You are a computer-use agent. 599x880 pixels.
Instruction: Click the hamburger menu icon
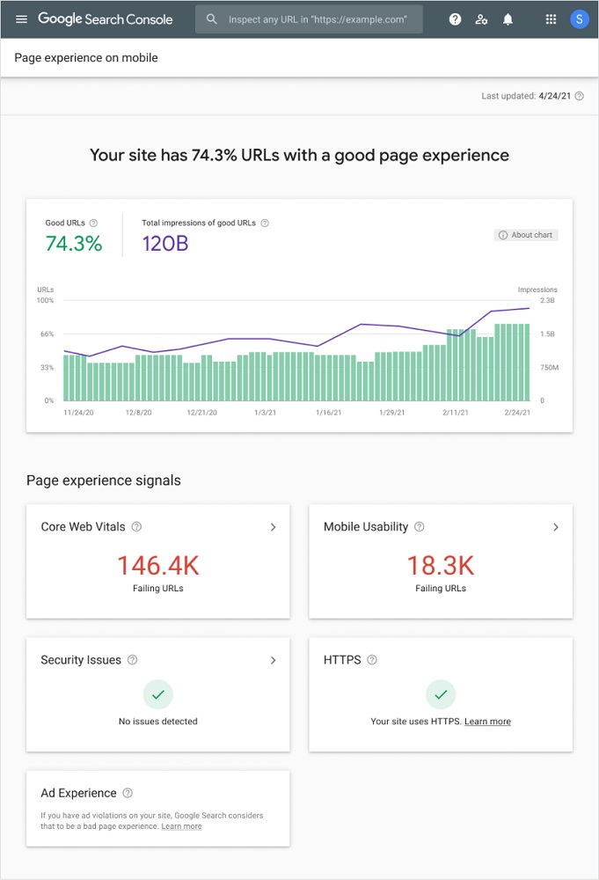point(21,19)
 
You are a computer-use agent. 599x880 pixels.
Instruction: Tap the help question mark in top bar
point(455,19)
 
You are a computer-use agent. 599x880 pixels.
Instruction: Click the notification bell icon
point(508,19)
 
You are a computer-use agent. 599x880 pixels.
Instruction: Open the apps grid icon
point(551,19)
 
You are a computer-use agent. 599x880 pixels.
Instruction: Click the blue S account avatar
point(579,19)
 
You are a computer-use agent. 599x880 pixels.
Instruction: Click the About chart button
point(526,235)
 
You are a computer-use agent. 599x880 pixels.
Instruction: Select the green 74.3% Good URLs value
point(74,244)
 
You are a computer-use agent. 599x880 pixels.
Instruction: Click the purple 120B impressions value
point(165,244)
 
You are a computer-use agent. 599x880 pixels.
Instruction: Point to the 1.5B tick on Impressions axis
point(547,334)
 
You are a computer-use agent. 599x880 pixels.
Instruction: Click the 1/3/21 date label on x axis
point(265,412)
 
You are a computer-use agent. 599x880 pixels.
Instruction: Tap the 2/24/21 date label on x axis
point(517,412)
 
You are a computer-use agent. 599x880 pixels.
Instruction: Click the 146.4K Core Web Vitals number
point(158,565)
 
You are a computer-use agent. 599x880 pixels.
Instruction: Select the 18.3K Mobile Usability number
point(441,565)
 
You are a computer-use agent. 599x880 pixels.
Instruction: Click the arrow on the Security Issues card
point(273,660)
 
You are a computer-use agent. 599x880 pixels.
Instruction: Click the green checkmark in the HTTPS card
point(441,694)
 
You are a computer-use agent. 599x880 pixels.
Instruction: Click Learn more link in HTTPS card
point(487,722)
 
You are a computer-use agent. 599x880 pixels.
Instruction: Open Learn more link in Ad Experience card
point(181,826)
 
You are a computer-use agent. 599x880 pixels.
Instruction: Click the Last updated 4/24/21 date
point(554,96)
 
